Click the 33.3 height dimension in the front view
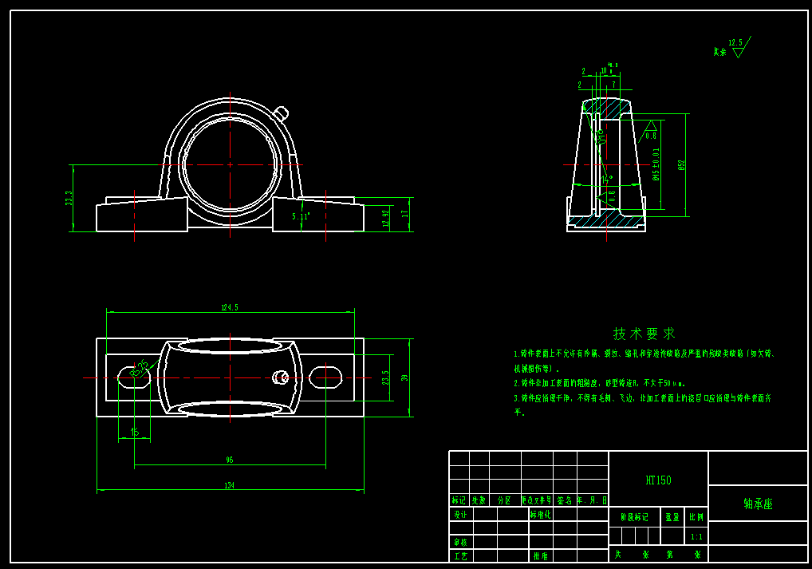pyautogui.click(x=69, y=198)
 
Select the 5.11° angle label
pyautogui.click(x=301, y=215)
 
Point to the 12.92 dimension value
pyautogui.click(x=387, y=219)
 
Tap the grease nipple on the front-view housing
pyautogui.click(x=282, y=113)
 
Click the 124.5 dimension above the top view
pyautogui.click(x=230, y=307)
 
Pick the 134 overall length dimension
pyautogui.click(x=230, y=485)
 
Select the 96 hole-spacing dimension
pyautogui.click(x=230, y=460)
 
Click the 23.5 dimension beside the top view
pyautogui.click(x=386, y=377)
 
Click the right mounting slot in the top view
pyautogui.click(x=325, y=377)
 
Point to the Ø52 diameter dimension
pyautogui.click(x=681, y=165)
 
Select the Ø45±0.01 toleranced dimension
pyautogui.click(x=656, y=164)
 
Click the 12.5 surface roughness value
pyautogui.click(x=735, y=43)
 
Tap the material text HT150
pyautogui.click(x=658, y=480)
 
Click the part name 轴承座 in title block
pyautogui.click(x=758, y=504)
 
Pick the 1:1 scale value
pyautogui.click(x=696, y=537)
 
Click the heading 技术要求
pyautogui.click(x=644, y=333)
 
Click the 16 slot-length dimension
pyautogui.click(x=134, y=432)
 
